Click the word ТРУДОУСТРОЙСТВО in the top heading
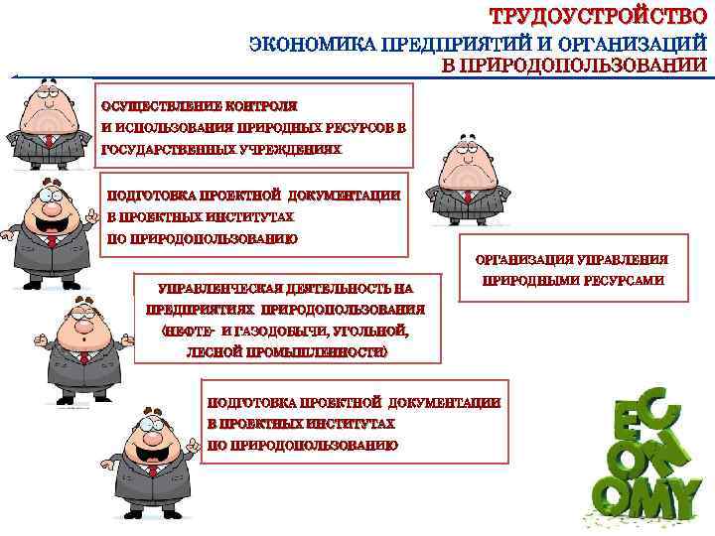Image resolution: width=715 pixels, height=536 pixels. (x=599, y=16)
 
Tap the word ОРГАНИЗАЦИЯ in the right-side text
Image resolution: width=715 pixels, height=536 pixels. (x=523, y=260)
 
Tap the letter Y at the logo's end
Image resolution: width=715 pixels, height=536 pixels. (x=679, y=493)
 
